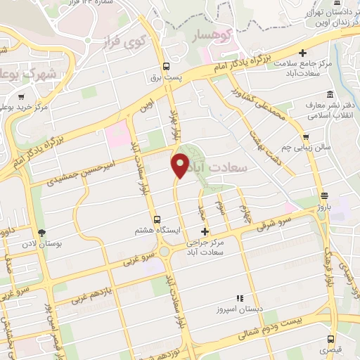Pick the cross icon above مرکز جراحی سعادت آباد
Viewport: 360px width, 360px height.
tap(205, 231)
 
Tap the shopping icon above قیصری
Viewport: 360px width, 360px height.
tap(329, 338)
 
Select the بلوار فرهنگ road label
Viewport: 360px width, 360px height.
tap(328, 267)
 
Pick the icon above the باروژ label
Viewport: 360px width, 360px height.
tap(323, 196)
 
